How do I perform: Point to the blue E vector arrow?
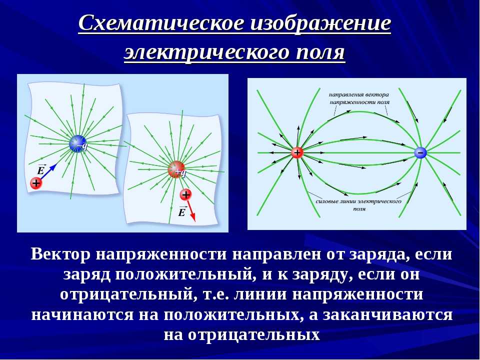(x=48, y=171)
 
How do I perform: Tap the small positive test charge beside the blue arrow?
(x=36, y=183)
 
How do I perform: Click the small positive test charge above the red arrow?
(x=185, y=194)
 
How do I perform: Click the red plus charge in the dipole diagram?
(x=296, y=152)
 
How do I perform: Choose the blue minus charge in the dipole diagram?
(x=420, y=152)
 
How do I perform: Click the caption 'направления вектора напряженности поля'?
(x=359, y=98)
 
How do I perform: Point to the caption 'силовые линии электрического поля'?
(x=358, y=205)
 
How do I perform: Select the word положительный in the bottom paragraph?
(x=185, y=274)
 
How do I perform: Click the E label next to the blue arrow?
(x=40, y=169)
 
